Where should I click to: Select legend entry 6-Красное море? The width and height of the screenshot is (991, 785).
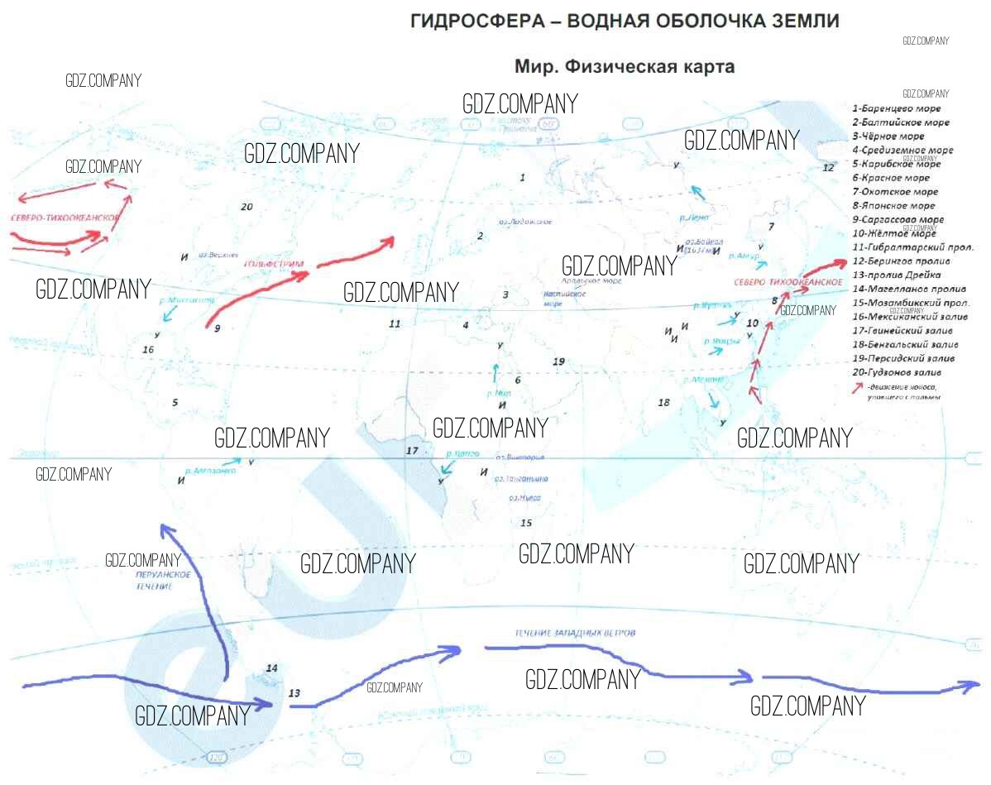pyautogui.click(x=895, y=178)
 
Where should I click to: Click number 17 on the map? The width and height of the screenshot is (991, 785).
pyautogui.click(x=412, y=451)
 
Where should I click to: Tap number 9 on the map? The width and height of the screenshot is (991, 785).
pyautogui.click(x=217, y=328)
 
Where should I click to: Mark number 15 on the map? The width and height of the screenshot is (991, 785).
pyautogui.click(x=526, y=523)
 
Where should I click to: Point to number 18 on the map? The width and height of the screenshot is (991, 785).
pyautogui.click(x=663, y=403)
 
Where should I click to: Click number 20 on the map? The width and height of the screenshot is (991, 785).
pyautogui.click(x=246, y=206)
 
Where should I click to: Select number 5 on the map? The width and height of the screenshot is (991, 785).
pyautogui.click(x=175, y=403)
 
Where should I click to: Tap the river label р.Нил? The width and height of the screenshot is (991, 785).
pyautogui.click(x=500, y=393)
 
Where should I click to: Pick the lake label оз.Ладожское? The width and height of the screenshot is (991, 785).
pyautogui.click(x=525, y=222)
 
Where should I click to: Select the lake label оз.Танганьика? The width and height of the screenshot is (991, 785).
pyautogui.click(x=520, y=479)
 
